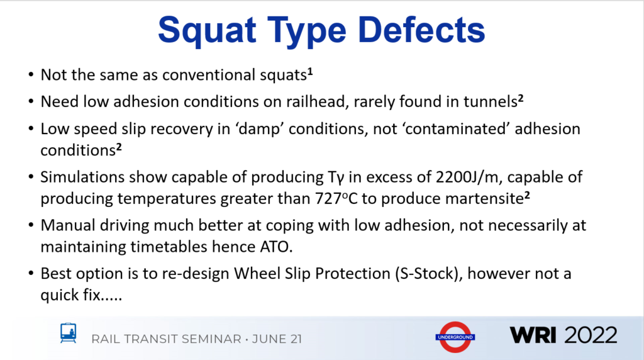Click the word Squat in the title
pos(207,31)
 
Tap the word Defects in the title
pos(421,30)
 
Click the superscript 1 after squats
pos(310,72)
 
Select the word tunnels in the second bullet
pos(491,101)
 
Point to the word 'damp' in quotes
pos(260,130)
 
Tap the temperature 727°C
pos(336,198)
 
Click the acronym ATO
pos(276,247)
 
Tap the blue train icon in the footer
pos(68,332)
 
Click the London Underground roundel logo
pos(455,337)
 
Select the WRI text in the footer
pos(533,335)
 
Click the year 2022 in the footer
pos(591,335)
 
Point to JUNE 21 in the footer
pos(277,339)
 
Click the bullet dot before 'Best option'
pos(31,273)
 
